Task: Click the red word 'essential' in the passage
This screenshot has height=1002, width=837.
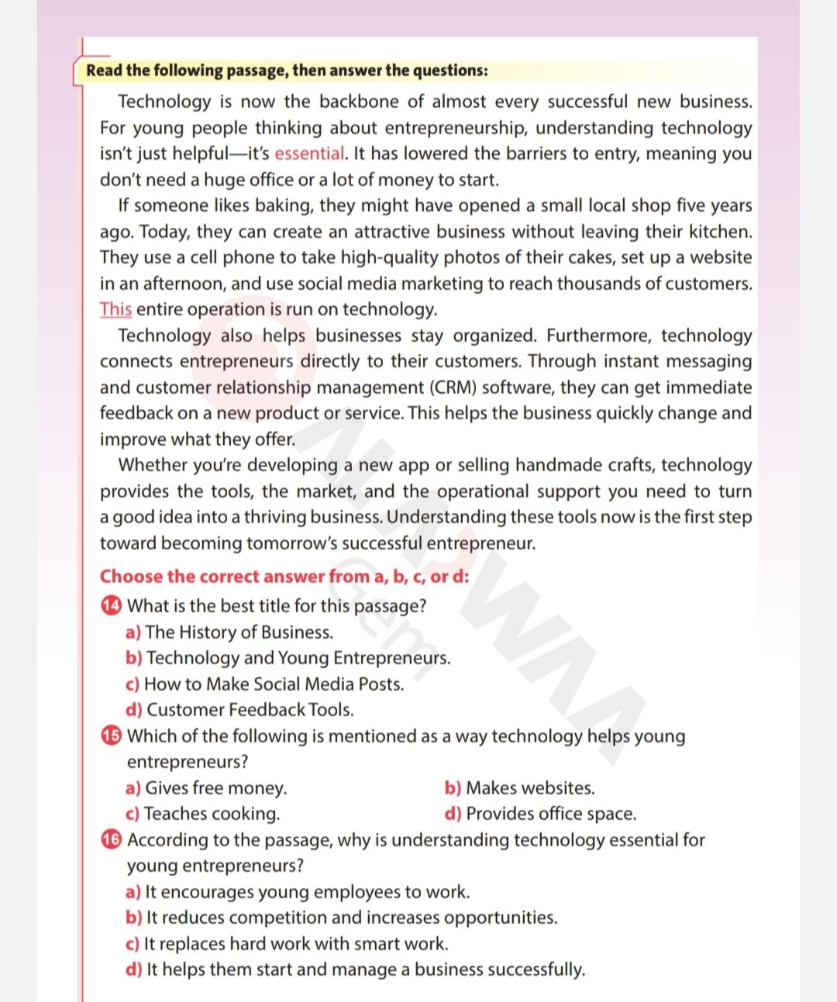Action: (x=309, y=153)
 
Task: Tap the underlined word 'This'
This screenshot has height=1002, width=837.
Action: (x=115, y=309)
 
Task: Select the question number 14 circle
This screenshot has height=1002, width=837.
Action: (x=112, y=606)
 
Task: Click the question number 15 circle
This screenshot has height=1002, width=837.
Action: (x=112, y=736)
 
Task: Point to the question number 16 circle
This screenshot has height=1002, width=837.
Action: (x=112, y=840)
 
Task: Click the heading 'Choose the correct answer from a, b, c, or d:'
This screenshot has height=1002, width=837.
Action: (x=284, y=577)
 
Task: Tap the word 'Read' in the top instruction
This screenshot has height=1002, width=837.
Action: (x=104, y=71)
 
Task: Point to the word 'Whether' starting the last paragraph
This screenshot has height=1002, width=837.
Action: (x=151, y=465)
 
